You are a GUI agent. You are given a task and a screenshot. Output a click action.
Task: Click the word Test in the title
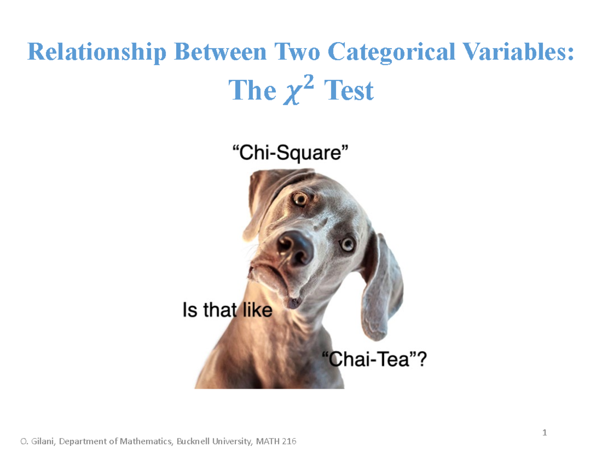pyautogui.click(x=349, y=91)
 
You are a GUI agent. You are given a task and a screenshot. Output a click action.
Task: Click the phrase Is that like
pyautogui.click(x=227, y=311)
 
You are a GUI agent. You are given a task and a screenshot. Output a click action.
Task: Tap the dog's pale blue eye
pyautogui.click(x=347, y=245)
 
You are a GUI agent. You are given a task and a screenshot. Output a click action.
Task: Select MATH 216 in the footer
pyautogui.click(x=275, y=442)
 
